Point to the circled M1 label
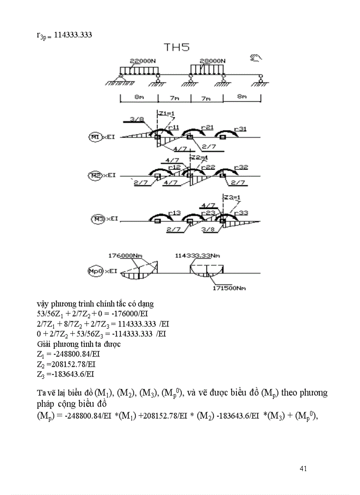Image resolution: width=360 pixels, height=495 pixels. point(94,137)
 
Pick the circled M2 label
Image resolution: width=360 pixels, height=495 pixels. point(94,175)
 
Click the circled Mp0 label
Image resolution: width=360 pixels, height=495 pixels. point(95,272)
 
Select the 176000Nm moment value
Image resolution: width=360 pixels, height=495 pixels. point(127,255)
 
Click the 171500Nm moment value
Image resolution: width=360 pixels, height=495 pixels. point(227,288)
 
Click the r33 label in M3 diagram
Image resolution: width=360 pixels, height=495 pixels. point(241,213)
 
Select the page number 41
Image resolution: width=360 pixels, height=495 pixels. point(303,468)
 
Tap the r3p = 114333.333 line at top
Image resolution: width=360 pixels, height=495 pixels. point(64,34)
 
